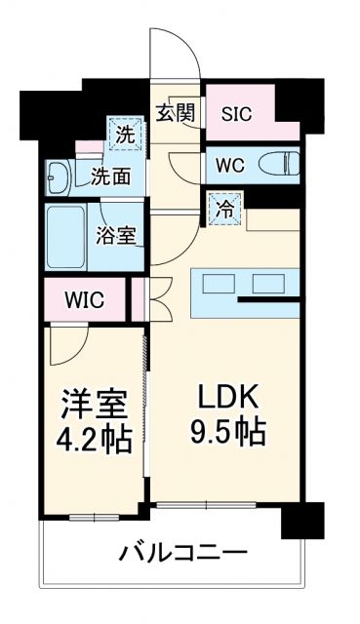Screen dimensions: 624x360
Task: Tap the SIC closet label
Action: pos(236,113)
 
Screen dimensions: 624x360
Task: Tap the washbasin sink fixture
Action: pos(58,176)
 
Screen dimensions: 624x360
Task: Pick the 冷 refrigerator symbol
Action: pos(223,207)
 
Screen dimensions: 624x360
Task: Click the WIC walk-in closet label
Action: pos(83,300)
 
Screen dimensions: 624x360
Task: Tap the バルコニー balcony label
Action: pos(183,555)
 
